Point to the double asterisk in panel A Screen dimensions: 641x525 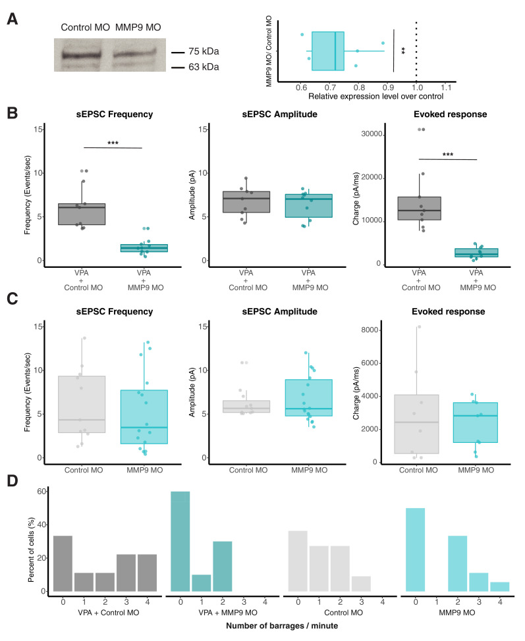tap(402, 50)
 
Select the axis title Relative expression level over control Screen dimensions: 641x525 tap(367, 97)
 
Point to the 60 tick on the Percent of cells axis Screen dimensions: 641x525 tap(41, 491)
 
